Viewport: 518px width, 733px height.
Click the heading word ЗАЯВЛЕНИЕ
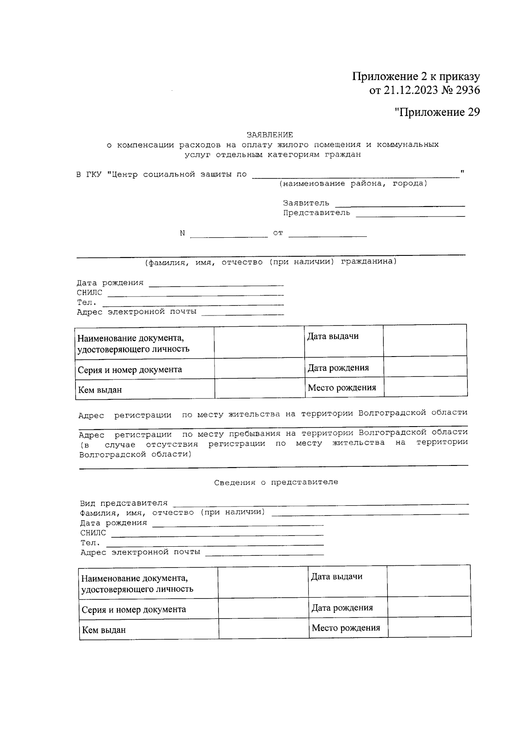point(269,135)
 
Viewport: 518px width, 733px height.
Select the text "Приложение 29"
point(437,112)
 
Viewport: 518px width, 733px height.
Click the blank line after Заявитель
point(400,204)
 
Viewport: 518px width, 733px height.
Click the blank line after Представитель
point(410,214)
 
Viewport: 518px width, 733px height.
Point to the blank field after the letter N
point(229,235)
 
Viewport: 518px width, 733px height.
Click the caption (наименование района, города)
point(353,184)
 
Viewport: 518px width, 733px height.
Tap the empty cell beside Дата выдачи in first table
point(425,340)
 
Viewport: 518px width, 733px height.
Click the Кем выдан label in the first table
point(100,390)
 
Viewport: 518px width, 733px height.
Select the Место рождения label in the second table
point(346,628)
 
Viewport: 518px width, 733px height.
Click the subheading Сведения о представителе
point(276,482)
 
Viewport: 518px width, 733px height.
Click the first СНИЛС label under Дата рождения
point(89,293)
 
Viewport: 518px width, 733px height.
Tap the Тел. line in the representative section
point(216,544)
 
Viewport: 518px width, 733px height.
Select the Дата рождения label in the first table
point(338,368)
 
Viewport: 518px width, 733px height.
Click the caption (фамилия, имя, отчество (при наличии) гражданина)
point(270,262)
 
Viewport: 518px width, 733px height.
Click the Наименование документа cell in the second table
point(137,583)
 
